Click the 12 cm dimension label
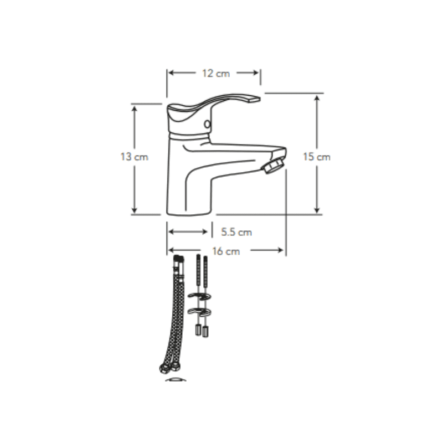[216, 74]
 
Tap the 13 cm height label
[134, 157]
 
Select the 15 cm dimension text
[316, 157]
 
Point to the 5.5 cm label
[236, 232]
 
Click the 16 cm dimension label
[226, 251]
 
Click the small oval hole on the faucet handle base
[207, 124]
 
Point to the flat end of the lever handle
[254, 99]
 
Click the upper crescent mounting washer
[199, 296]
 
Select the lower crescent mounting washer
[199, 312]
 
